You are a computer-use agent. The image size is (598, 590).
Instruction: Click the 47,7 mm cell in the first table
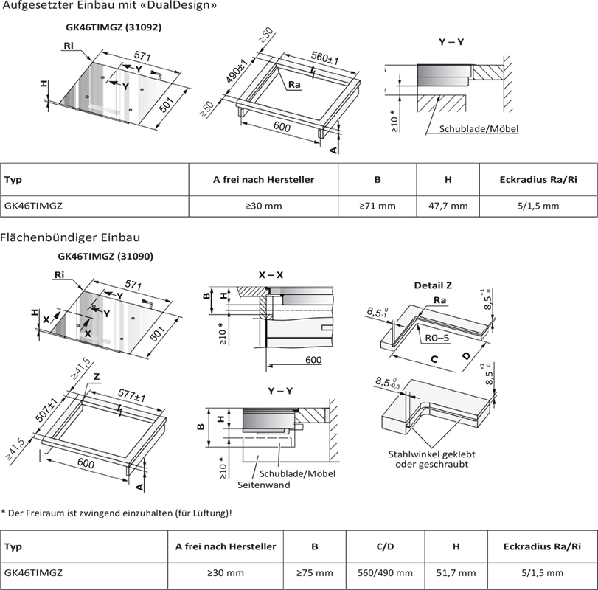[x=448, y=206]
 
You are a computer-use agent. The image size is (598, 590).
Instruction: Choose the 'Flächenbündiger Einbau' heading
[x=71, y=237]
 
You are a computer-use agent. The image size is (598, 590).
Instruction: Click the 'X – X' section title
[x=271, y=274]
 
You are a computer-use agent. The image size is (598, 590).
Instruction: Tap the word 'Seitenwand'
[x=263, y=485]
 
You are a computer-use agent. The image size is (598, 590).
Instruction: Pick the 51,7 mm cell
[x=456, y=572]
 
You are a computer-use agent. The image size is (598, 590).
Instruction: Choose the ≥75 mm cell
[x=315, y=572]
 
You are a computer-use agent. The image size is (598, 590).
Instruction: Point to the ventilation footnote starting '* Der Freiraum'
[x=117, y=512]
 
